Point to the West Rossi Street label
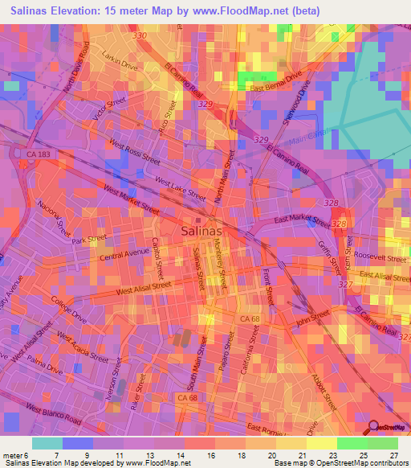point(136,152)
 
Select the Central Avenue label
point(125,255)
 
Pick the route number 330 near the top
point(140,36)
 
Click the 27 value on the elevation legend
point(393,455)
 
